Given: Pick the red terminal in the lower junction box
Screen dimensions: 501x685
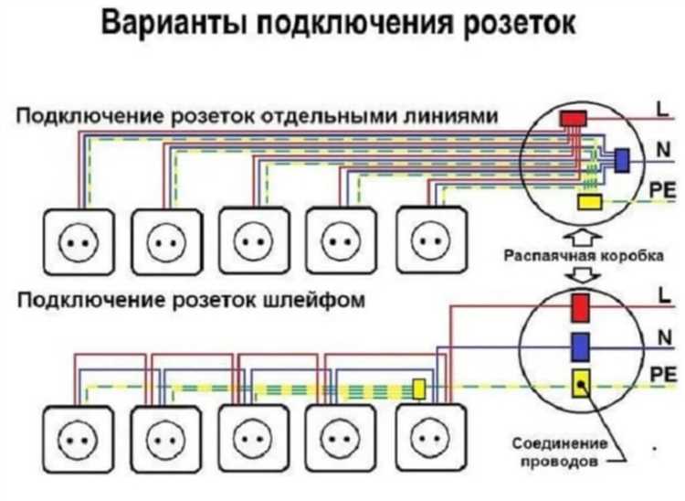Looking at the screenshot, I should point(580,307).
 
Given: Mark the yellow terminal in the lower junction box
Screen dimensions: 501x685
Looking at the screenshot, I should point(580,385).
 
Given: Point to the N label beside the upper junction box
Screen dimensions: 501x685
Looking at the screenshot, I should point(662,146).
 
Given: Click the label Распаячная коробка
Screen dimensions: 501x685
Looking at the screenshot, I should point(583,257).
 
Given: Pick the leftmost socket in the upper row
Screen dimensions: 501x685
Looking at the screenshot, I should point(79,242).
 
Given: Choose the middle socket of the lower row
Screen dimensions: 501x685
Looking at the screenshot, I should point(251,442).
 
